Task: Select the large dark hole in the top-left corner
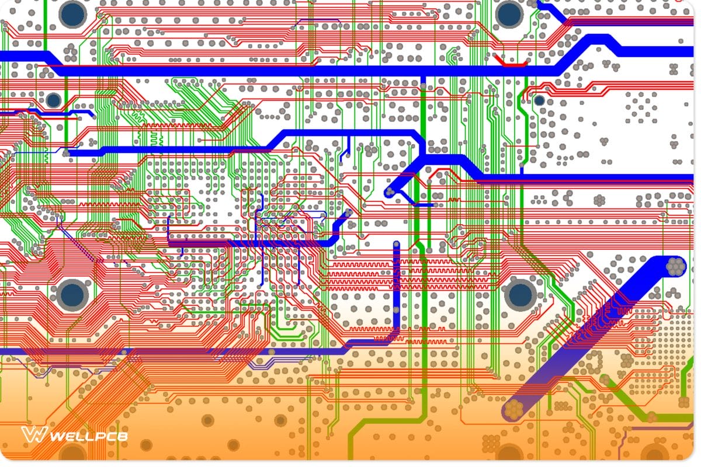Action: point(72,13)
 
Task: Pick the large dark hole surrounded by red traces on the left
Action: point(72,294)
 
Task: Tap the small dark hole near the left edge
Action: point(54,100)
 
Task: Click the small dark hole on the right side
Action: point(539,100)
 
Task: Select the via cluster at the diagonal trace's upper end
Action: point(675,266)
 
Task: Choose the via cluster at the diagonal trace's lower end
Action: point(513,410)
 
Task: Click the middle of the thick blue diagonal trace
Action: point(593,339)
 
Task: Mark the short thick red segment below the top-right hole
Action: point(509,64)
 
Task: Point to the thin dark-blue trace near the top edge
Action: point(318,22)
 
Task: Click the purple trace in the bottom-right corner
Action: point(660,431)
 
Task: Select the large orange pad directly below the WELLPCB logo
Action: point(73,452)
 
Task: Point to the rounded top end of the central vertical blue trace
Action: point(397,245)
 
